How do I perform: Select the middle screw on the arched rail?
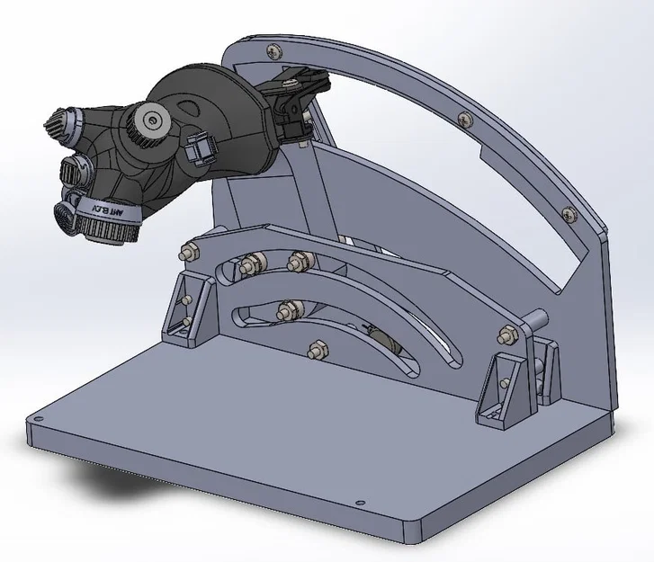463,116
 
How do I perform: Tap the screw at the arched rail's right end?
568,213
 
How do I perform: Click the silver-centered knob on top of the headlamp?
153,118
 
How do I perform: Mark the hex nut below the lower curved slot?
316,348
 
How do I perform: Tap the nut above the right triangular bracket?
504,335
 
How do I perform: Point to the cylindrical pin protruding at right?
539,319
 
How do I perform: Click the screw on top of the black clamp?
290,84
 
